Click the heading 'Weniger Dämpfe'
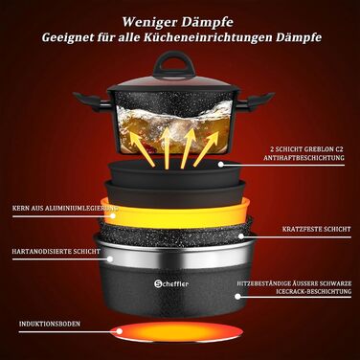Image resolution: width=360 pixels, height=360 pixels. pyautogui.click(x=177, y=22)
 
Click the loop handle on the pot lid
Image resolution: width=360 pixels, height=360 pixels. pyautogui.click(x=169, y=65)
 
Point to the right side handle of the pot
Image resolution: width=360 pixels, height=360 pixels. pyautogui.click(x=256, y=101)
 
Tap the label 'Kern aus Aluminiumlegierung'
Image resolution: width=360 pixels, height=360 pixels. pyautogui.click(x=65, y=209)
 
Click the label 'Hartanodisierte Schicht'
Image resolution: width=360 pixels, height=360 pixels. pyautogui.click(x=56, y=251)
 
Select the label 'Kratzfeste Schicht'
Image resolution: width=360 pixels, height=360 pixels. pyautogui.click(x=316, y=229)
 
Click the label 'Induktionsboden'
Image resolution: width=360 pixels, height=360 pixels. pyautogui.click(x=50, y=324)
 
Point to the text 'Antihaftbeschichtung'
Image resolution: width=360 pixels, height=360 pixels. pyautogui.click(x=304, y=158)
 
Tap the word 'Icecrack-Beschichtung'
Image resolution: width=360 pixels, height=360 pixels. pyautogui.click(x=314, y=291)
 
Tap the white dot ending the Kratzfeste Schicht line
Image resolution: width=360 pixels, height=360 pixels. pyautogui.click(x=241, y=236)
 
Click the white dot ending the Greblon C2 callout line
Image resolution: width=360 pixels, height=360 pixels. pyautogui.click(x=220, y=165)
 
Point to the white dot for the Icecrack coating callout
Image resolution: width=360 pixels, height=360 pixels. pyautogui.click(x=237, y=296)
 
